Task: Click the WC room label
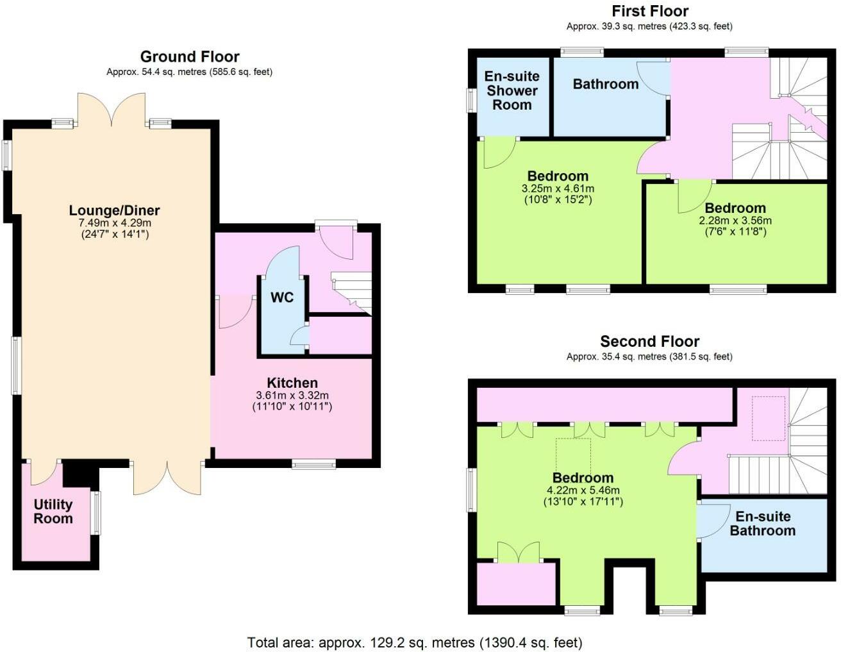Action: [282, 297]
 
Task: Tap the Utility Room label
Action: [53, 512]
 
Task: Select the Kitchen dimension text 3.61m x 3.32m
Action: [292, 396]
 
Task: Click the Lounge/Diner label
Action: [114, 210]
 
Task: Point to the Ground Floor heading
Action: [190, 57]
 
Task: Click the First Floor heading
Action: [650, 11]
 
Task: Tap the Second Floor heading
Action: [649, 342]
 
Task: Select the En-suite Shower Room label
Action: [512, 90]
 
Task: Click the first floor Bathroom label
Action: [605, 84]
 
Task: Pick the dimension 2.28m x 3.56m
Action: [735, 221]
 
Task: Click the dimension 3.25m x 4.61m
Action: [558, 188]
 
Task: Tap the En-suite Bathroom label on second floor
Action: [763, 524]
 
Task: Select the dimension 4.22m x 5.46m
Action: [583, 490]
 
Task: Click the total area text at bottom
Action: [415, 642]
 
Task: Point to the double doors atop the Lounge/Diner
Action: [112, 109]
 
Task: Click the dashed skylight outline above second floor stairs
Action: [768, 419]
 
